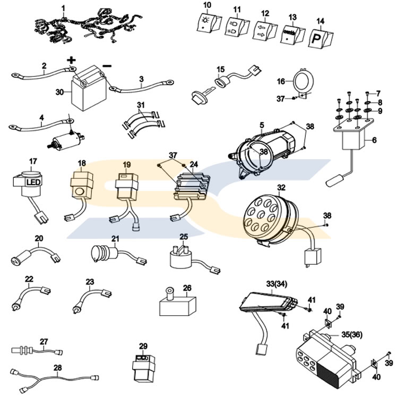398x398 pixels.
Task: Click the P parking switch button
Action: click(316, 38)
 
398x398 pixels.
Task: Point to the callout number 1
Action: click(64, 8)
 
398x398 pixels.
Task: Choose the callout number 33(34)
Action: click(279, 285)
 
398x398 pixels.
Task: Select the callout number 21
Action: click(115, 239)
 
